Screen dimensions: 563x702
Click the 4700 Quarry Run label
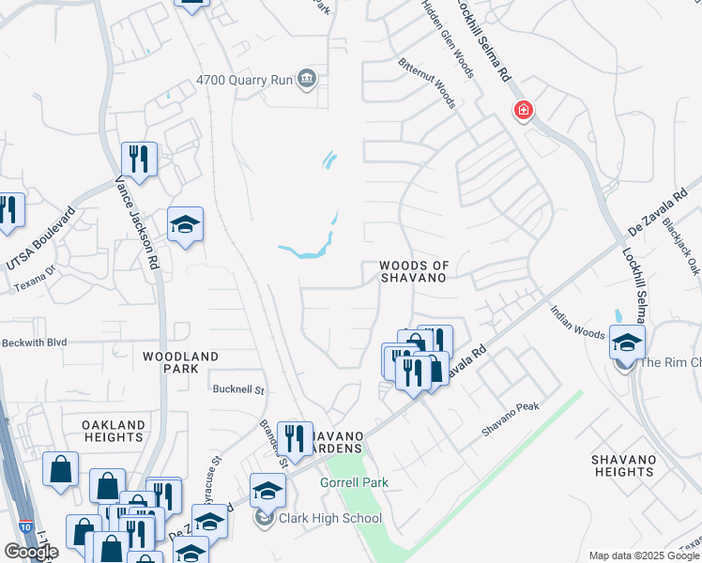click(x=243, y=80)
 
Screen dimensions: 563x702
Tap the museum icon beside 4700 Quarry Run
click(x=307, y=79)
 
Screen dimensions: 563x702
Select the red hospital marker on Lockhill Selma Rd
click(x=523, y=112)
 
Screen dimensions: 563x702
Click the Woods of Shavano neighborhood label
click(x=410, y=272)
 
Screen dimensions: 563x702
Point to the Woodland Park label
click(x=180, y=363)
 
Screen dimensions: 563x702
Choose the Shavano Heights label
click(x=622, y=465)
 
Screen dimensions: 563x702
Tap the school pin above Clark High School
click(x=267, y=490)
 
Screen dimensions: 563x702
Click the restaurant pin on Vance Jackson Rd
click(x=139, y=158)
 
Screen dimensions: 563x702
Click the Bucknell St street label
click(x=239, y=388)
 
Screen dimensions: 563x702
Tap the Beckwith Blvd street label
click(x=35, y=342)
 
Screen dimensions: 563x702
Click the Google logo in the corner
click(x=31, y=552)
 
